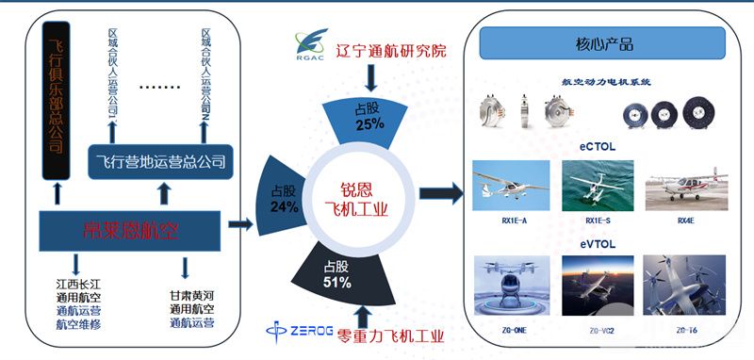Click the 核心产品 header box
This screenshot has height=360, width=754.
point(603,43)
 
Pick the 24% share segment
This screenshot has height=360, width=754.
point(284,195)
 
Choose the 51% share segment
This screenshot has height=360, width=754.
point(339,274)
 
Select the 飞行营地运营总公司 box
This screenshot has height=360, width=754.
point(162,160)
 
